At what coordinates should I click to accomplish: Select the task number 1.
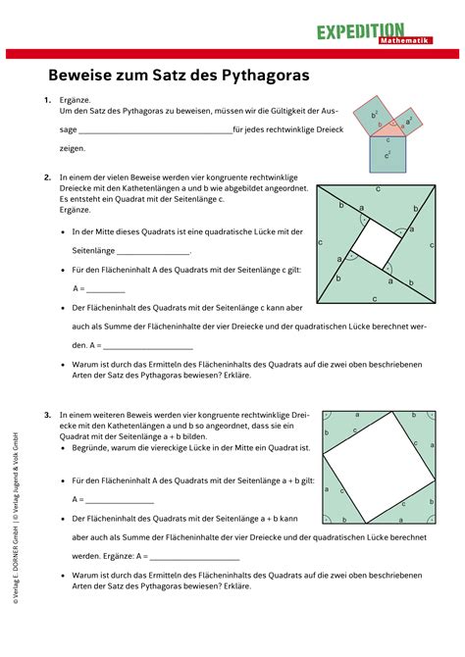[47, 101]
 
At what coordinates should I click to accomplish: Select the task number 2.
[47, 177]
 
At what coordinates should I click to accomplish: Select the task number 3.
[47, 415]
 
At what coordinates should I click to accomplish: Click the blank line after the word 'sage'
[154, 130]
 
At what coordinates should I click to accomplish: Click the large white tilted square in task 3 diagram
[376, 466]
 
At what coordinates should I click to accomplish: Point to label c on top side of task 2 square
[378, 186]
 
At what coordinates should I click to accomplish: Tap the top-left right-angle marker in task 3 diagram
[325, 415]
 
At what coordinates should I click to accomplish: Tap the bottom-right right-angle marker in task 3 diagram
[427, 518]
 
